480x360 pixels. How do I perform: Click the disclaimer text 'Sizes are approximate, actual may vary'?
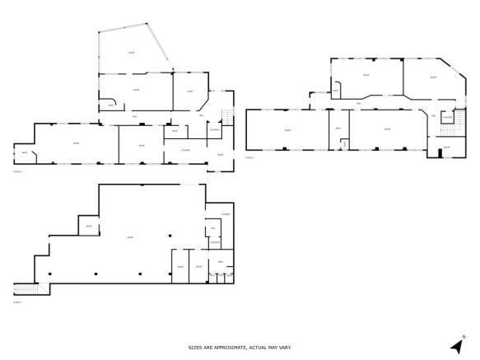[240, 347]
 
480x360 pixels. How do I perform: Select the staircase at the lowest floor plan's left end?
[26, 288]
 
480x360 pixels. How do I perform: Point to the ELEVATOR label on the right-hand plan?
[447, 118]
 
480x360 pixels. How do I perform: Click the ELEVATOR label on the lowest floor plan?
[213, 241]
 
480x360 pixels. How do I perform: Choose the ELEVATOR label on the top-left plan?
[214, 129]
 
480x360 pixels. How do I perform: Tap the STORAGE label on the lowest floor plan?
[225, 214]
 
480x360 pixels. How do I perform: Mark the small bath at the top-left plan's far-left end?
[24, 153]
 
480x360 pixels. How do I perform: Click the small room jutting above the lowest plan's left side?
[87, 225]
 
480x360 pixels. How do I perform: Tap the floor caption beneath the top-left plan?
[17, 172]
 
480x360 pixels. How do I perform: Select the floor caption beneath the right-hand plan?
[249, 157]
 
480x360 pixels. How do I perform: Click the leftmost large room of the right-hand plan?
[287, 130]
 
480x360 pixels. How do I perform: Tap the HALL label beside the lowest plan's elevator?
[212, 228]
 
